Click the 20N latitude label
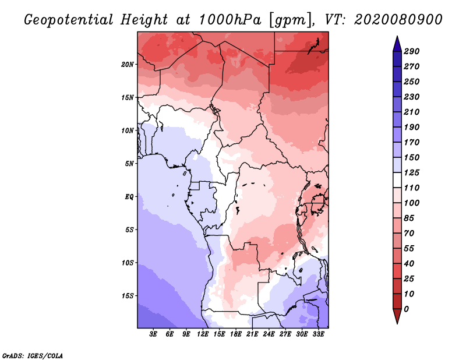pyautogui.click(x=128, y=65)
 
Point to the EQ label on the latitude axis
pyautogui.click(x=129, y=197)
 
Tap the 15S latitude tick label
pyautogui.click(x=128, y=296)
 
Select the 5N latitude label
pyautogui.click(x=129, y=164)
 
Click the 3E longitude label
pyautogui.click(x=153, y=334)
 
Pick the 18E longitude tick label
pyautogui.click(x=236, y=334)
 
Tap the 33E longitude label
pyautogui.click(x=318, y=334)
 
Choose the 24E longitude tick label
pyautogui.click(x=269, y=334)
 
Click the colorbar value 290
pyautogui.click(x=412, y=51)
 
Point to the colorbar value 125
pyautogui.click(x=412, y=172)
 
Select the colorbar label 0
pyautogui.click(x=407, y=309)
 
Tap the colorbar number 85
pyautogui.click(x=409, y=218)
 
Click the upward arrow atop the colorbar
pyautogui.click(x=397, y=44)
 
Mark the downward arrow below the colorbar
pyautogui.click(x=397, y=316)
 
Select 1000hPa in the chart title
pyautogui.click(x=230, y=20)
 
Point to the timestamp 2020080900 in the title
pyautogui.click(x=398, y=20)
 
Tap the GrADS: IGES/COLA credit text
pyautogui.click(x=33, y=356)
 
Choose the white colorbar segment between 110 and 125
pyautogui.click(x=397, y=180)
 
